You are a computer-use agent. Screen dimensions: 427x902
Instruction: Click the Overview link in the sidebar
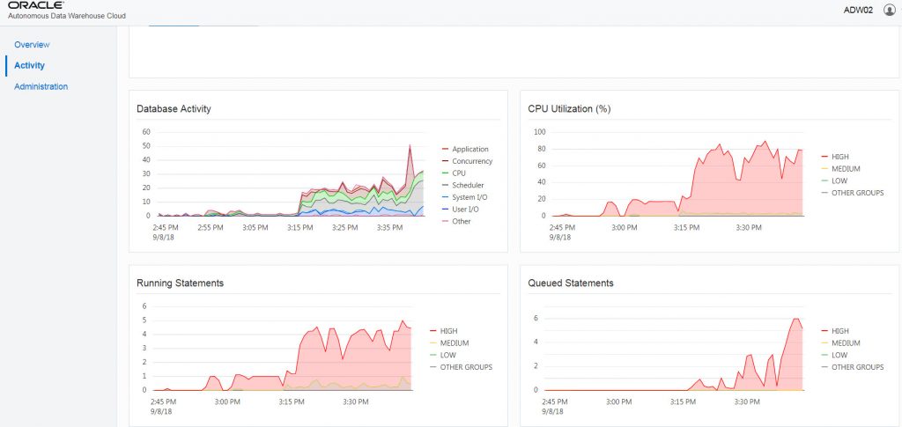point(32,44)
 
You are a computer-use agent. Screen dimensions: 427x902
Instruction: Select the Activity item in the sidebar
point(29,65)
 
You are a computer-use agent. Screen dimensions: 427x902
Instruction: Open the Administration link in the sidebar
point(41,86)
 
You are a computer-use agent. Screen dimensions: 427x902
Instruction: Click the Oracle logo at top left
point(35,6)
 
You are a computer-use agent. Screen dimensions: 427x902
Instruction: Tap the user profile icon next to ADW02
point(889,10)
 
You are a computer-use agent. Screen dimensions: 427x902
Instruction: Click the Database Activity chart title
point(174,109)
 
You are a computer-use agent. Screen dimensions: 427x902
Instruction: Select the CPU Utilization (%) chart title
point(569,109)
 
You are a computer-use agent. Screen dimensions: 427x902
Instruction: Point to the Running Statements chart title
point(180,283)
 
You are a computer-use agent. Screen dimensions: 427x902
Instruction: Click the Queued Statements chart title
point(571,283)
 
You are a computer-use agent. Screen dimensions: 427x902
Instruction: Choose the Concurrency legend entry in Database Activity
point(471,161)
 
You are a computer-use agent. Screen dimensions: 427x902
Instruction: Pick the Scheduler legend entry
point(468,185)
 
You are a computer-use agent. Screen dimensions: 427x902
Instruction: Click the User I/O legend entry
point(466,209)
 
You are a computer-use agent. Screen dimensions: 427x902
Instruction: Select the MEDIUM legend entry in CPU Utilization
point(846,168)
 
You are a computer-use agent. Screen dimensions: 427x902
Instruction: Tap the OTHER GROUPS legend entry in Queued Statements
point(857,367)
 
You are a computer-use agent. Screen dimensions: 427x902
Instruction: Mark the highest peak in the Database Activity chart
point(410,146)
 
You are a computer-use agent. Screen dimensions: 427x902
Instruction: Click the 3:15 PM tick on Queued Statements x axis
point(682,401)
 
